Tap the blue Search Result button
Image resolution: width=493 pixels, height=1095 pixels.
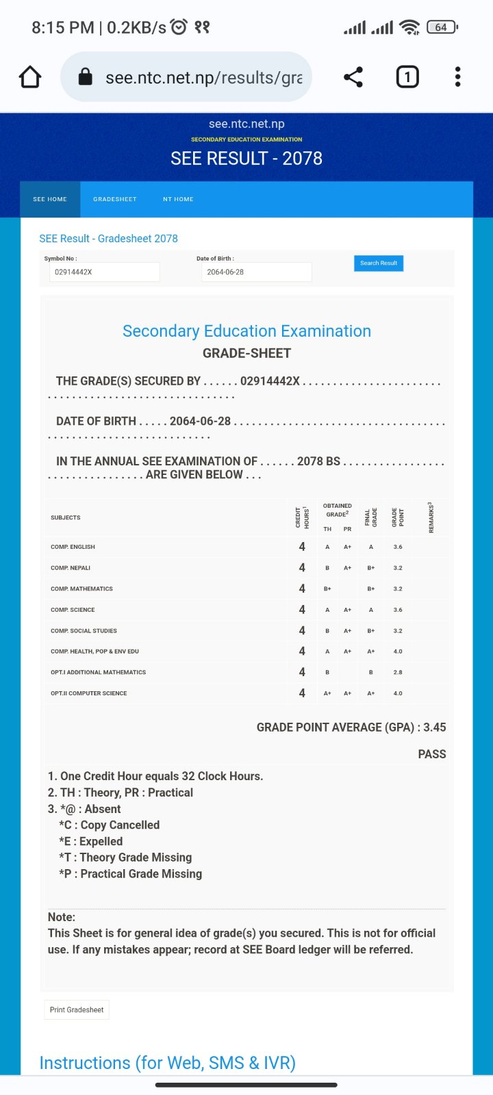(379, 263)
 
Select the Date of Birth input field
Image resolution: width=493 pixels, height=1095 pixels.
(256, 272)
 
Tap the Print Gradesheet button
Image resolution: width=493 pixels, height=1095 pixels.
(77, 1009)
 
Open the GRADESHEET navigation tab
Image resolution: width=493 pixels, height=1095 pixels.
(115, 199)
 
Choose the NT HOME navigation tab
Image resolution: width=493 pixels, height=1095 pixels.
(178, 199)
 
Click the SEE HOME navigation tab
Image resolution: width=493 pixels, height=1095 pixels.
(50, 199)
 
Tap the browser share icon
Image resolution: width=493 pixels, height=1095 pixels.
(353, 77)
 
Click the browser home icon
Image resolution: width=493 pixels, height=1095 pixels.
(30, 77)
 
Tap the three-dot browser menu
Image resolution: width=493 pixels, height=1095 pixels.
(457, 77)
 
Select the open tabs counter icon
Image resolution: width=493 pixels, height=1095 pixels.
(407, 77)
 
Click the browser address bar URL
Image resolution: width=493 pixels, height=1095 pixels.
(203, 77)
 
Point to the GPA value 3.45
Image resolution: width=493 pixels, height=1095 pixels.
(435, 727)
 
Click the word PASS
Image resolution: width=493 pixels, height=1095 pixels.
(432, 753)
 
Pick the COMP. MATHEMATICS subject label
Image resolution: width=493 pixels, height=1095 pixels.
(81, 589)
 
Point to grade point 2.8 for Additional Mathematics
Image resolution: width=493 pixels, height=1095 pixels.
(398, 672)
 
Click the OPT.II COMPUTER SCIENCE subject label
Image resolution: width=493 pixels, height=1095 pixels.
(89, 693)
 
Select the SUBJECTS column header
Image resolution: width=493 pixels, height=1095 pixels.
(66, 517)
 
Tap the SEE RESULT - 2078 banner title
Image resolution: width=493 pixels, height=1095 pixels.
(246, 158)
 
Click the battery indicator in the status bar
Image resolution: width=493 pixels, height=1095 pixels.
(442, 27)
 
